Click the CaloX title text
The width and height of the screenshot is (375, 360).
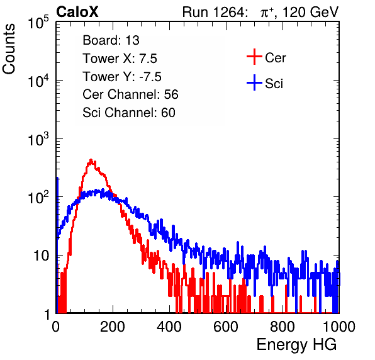tap(77, 12)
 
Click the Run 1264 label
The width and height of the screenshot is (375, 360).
tap(214, 12)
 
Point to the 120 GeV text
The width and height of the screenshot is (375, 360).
tap(311, 12)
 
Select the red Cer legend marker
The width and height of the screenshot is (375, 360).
tap(254, 57)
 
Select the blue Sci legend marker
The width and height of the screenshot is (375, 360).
tap(254, 83)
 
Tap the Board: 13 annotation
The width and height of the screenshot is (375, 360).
tap(111, 40)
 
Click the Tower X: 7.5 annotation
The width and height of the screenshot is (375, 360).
tap(120, 59)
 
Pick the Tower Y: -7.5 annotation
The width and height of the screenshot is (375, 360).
tap(122, 77)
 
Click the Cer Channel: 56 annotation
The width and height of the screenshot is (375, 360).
tap(130, 94)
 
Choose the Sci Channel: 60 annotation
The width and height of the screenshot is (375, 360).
tap(129, 113)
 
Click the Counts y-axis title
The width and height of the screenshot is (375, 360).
tap(9, 49)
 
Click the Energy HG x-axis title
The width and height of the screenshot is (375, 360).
tap(296, 345)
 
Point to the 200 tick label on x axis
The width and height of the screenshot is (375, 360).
tap(113, 327)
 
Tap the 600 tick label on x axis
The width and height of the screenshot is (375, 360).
tap(226, 327)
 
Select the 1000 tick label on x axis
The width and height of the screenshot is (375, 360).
tap(339, 327)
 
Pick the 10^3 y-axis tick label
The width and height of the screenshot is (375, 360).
tap(38, 139)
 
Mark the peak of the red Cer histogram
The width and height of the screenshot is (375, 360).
tap(91, 160)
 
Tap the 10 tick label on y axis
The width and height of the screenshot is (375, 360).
tap(41, 256)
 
